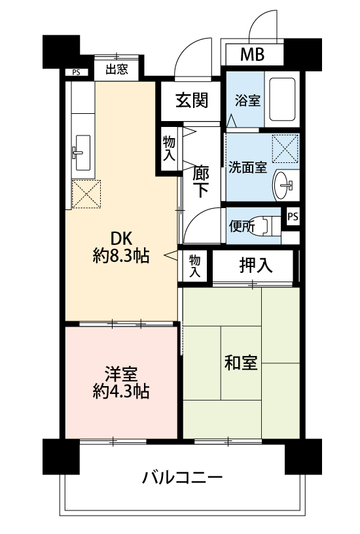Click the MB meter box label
click(252, 54)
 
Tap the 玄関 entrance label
click(192, 101)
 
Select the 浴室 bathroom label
click(247, 101)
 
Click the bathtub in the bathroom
click(282, 99)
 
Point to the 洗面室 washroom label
click(247, 168)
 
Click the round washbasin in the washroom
click(283, 185)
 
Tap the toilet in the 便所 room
click(269, 225)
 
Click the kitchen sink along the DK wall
click(82, 152)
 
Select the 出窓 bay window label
click(117, 70)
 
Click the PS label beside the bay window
click(76, 72)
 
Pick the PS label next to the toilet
click(293, 217)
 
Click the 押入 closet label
click(256, 265)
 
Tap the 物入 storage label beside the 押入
click(194, 266)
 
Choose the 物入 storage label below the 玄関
click(169, 149)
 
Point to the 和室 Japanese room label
click(241, 363)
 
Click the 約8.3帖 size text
click(121, 256)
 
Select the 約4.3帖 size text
click(121, 391)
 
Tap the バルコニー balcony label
click(182, 478)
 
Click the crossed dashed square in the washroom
click(285, 149)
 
